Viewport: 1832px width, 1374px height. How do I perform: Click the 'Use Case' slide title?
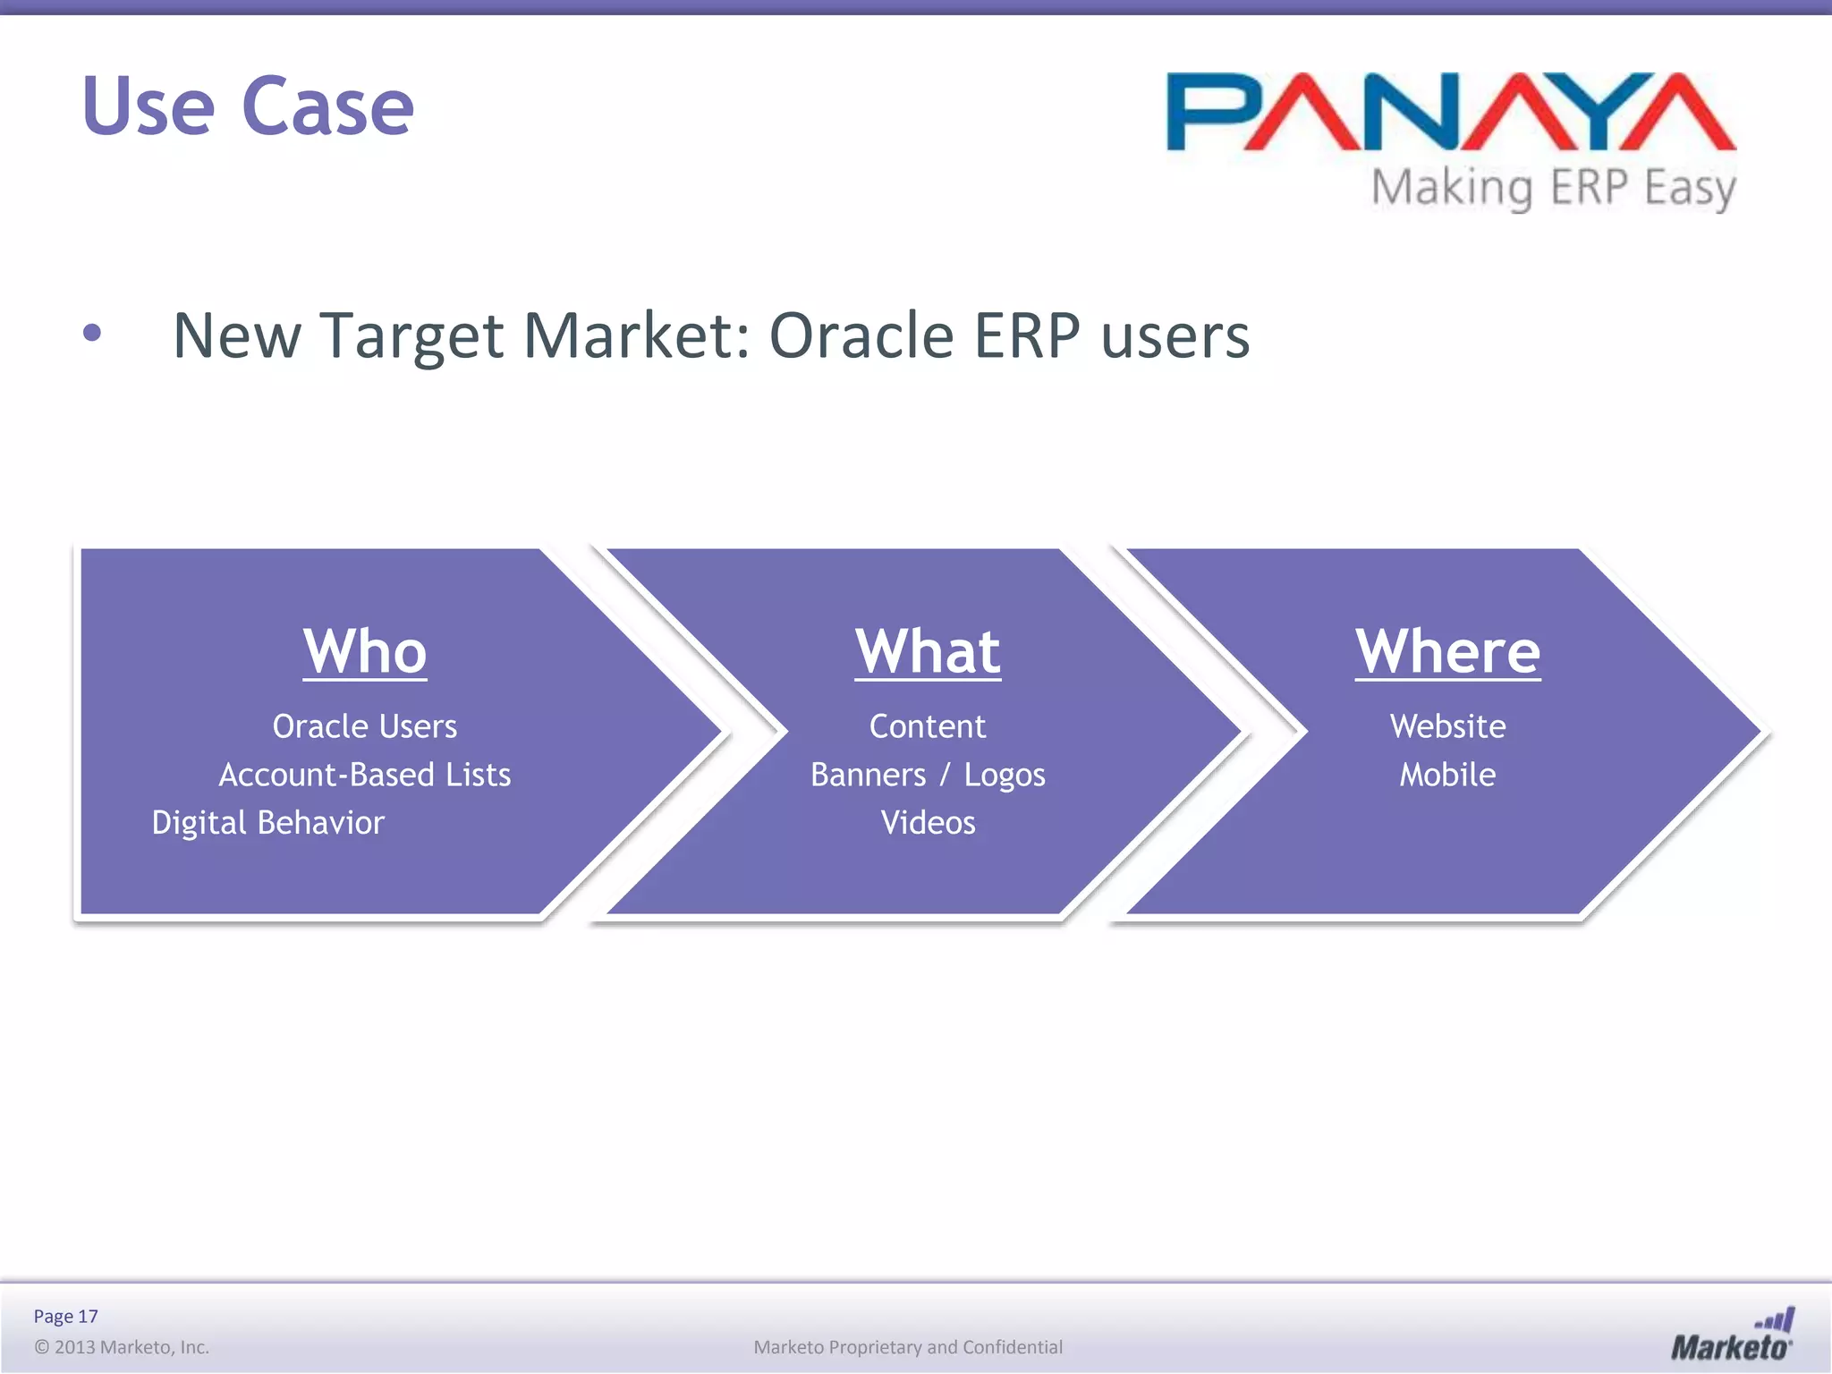point(248,106)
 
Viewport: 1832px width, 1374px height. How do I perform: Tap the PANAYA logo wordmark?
point(1451,112)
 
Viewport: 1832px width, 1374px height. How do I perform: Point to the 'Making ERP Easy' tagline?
point(1554,189)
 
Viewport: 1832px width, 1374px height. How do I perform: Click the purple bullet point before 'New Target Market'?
point(91,334)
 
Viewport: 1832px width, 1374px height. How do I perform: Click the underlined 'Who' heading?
point(365,651)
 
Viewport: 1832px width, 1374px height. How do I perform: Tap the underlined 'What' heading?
point(928,651)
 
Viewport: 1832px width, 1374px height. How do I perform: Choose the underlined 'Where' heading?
point(1447,651)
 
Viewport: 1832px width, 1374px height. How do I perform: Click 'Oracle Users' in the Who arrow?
point(365,726)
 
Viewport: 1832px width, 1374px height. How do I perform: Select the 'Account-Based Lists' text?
point(365,775)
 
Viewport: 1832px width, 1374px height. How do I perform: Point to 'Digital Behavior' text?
point(268,823)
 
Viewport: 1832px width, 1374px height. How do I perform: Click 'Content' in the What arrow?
point(928,726)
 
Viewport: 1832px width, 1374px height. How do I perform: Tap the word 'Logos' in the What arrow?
point(1004,775)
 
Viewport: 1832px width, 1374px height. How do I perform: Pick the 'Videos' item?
point(928,823)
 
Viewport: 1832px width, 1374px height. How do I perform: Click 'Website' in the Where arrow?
point(1447,726)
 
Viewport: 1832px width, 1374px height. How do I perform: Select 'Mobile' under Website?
point(1447,775)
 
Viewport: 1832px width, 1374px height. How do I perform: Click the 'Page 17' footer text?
point(65,1316)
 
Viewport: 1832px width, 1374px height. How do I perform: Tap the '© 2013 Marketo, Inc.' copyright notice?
point(122,1347)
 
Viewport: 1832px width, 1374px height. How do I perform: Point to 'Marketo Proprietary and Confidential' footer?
point(908,1347)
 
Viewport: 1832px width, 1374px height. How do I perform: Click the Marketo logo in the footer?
point(1732,1336)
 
